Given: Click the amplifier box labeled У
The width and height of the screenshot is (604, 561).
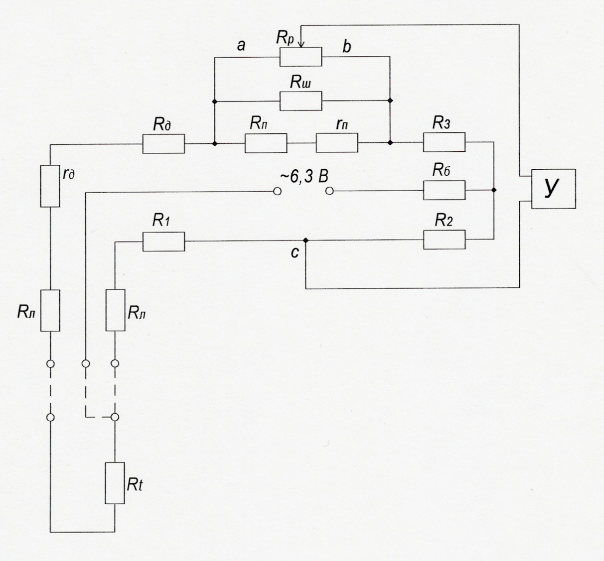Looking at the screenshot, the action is [554, 189].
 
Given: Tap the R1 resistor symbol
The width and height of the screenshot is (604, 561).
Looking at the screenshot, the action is [163, 241].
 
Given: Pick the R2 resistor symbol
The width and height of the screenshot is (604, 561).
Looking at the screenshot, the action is [445, 240].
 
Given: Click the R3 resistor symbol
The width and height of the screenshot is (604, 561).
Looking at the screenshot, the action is [445, 142].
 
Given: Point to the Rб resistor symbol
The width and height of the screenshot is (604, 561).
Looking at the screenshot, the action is [445, 190].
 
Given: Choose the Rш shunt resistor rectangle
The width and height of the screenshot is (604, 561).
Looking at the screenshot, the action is [301, 101].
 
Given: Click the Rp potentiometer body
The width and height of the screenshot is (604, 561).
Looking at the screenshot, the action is [301, 57].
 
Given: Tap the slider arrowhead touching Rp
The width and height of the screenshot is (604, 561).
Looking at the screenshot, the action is [301, 44].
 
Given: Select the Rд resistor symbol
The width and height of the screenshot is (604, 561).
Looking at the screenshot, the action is [163, 143].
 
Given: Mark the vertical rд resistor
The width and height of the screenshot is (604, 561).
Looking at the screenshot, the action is [50, 186].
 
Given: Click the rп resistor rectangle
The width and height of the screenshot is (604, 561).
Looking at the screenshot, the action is [337, 142].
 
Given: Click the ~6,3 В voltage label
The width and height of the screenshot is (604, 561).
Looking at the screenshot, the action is [304, 177].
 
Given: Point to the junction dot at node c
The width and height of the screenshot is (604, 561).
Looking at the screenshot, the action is [305, 240].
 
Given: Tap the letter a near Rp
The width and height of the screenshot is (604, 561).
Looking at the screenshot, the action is [241, 46].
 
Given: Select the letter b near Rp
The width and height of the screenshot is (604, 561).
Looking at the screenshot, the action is [347, 46].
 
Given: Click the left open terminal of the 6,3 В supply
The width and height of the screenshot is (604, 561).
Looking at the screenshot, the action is [278, 192].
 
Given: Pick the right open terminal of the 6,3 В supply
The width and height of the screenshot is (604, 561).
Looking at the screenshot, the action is [329, 191].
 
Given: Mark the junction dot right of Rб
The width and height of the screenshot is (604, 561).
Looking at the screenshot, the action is [494, 190].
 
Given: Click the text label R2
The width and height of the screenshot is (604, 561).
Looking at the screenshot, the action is [444, 220].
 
